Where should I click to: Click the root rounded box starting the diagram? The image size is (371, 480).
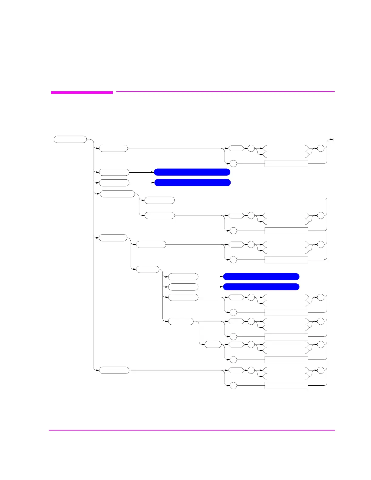(70, 140)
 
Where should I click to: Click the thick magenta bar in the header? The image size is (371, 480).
(82, 92)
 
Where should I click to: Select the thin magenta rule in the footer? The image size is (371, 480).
(192, 430)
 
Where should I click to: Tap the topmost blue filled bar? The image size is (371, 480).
(192, 172)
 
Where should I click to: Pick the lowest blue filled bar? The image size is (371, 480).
(261, 287)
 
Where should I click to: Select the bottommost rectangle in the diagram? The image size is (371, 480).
(286, 386)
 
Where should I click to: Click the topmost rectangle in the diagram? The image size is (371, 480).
(286, 164)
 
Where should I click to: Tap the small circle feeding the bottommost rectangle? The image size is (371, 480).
(233, 386)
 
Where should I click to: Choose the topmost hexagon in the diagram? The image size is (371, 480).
(236, 148)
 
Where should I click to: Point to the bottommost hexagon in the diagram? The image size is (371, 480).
(236, 370)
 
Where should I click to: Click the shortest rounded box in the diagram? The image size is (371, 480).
(213, 344)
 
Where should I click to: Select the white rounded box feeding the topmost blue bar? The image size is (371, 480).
(114, 172)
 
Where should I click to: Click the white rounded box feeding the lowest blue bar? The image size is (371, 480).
(183, 287)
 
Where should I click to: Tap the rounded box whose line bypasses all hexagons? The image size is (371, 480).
(159, 200)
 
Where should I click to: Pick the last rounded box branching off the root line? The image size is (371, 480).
(114, 370)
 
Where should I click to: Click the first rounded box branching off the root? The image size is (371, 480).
(113, 148)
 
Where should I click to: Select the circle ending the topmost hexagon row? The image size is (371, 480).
(320, 148)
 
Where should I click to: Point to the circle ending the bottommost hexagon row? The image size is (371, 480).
(320, 370)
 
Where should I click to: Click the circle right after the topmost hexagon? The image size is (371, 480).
(251, 148)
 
